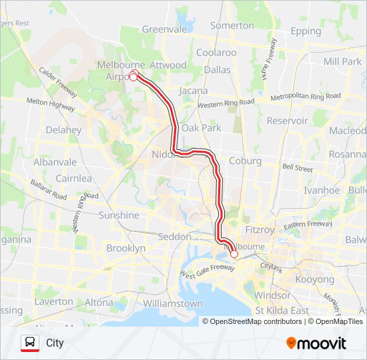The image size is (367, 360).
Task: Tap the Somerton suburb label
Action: point(232,25)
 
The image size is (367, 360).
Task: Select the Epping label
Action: point(306,31)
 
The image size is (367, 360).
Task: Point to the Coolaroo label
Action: point(216,53)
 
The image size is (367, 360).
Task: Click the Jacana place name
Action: point(194,91)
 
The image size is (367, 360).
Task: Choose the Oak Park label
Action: point(201,127)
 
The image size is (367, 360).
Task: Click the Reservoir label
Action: point(287,121)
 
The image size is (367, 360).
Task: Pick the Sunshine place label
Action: point(119,215)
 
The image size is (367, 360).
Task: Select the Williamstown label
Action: point(173,303)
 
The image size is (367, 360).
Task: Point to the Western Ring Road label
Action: point(226,103)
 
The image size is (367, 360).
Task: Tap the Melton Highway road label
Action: point(51,102)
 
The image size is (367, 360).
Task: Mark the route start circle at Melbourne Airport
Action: point(133,77)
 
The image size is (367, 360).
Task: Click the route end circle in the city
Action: point(234,254)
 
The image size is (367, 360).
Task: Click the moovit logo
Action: point(316,343)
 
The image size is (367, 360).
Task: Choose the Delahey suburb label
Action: point(64,129)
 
